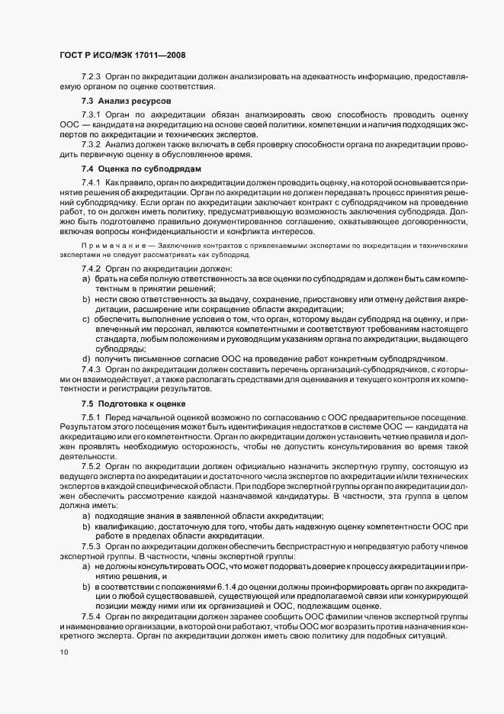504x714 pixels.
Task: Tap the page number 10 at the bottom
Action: tap(64, 652)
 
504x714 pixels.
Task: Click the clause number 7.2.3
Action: tap(91, 77)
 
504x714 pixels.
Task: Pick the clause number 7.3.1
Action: tap(91, 113)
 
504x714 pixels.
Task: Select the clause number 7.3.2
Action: tap(91, 145)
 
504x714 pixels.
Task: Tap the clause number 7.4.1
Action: tap(91, 184)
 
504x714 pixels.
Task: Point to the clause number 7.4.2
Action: tap(91, 270)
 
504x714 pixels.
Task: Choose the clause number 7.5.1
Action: tap(91, 418)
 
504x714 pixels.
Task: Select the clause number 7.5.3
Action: tap(91, 547)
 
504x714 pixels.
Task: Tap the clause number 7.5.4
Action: tap(91, 616)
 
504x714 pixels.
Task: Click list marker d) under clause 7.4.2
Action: tap(86, 359)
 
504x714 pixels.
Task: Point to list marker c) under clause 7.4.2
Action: tap(86, 320)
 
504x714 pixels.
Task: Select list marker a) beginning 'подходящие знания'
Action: tap(86, 516)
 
